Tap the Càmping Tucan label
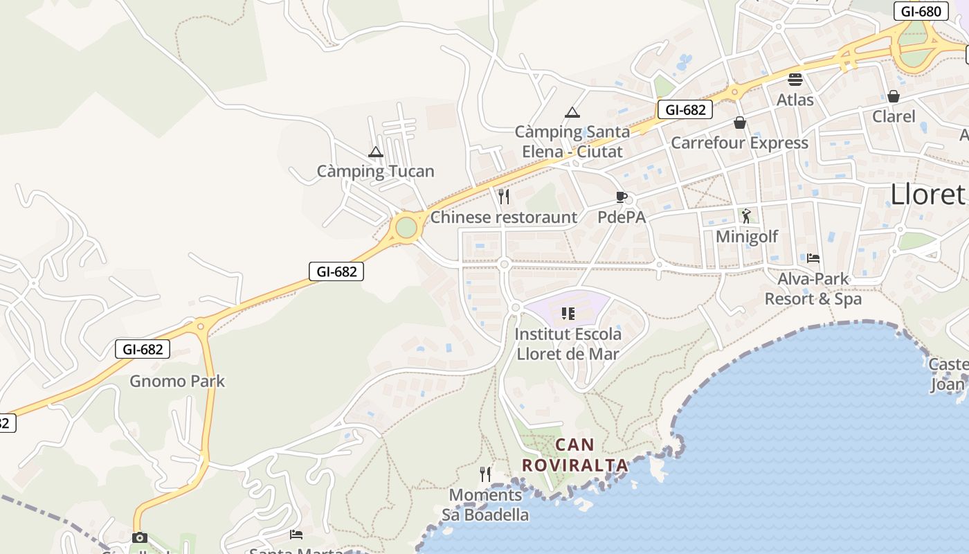click(375, 171)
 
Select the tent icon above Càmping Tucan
click(376, 152)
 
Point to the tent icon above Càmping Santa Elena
click(572, 112)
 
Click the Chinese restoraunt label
click(504, 217)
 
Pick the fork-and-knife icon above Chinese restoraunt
click(504, 197)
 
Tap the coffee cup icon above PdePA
click(621, 197)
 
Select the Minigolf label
click(747, 236)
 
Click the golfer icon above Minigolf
click(745, 216)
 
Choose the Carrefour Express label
click(739, 143)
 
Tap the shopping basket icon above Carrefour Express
click(740, 123)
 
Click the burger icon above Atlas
click(795, 80)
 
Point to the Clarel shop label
click(894, 116)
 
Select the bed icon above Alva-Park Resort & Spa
click(813, 258)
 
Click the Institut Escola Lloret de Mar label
click(568, 343)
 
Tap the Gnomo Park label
click(177, 381)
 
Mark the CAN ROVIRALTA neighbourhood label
click(575, 454)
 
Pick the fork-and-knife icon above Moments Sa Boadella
click(485, 474)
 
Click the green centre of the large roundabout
click(406, 227)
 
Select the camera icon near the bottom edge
click(139, 537)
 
